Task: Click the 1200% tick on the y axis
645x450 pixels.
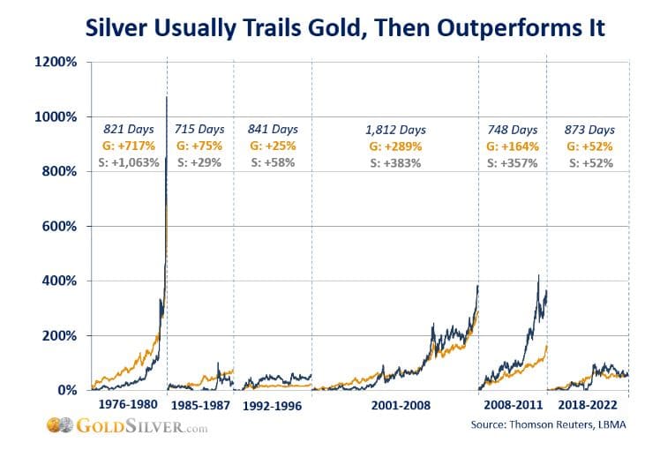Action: [59, 63]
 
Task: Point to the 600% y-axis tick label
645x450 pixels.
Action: [62, 226]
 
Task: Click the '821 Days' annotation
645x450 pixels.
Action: [130, 130]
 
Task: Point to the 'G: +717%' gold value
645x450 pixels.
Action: [130, 146]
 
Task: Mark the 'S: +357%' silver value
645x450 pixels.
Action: [513, 162]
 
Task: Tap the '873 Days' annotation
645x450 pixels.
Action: [589, 130]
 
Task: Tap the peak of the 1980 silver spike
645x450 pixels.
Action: [166, 97]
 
